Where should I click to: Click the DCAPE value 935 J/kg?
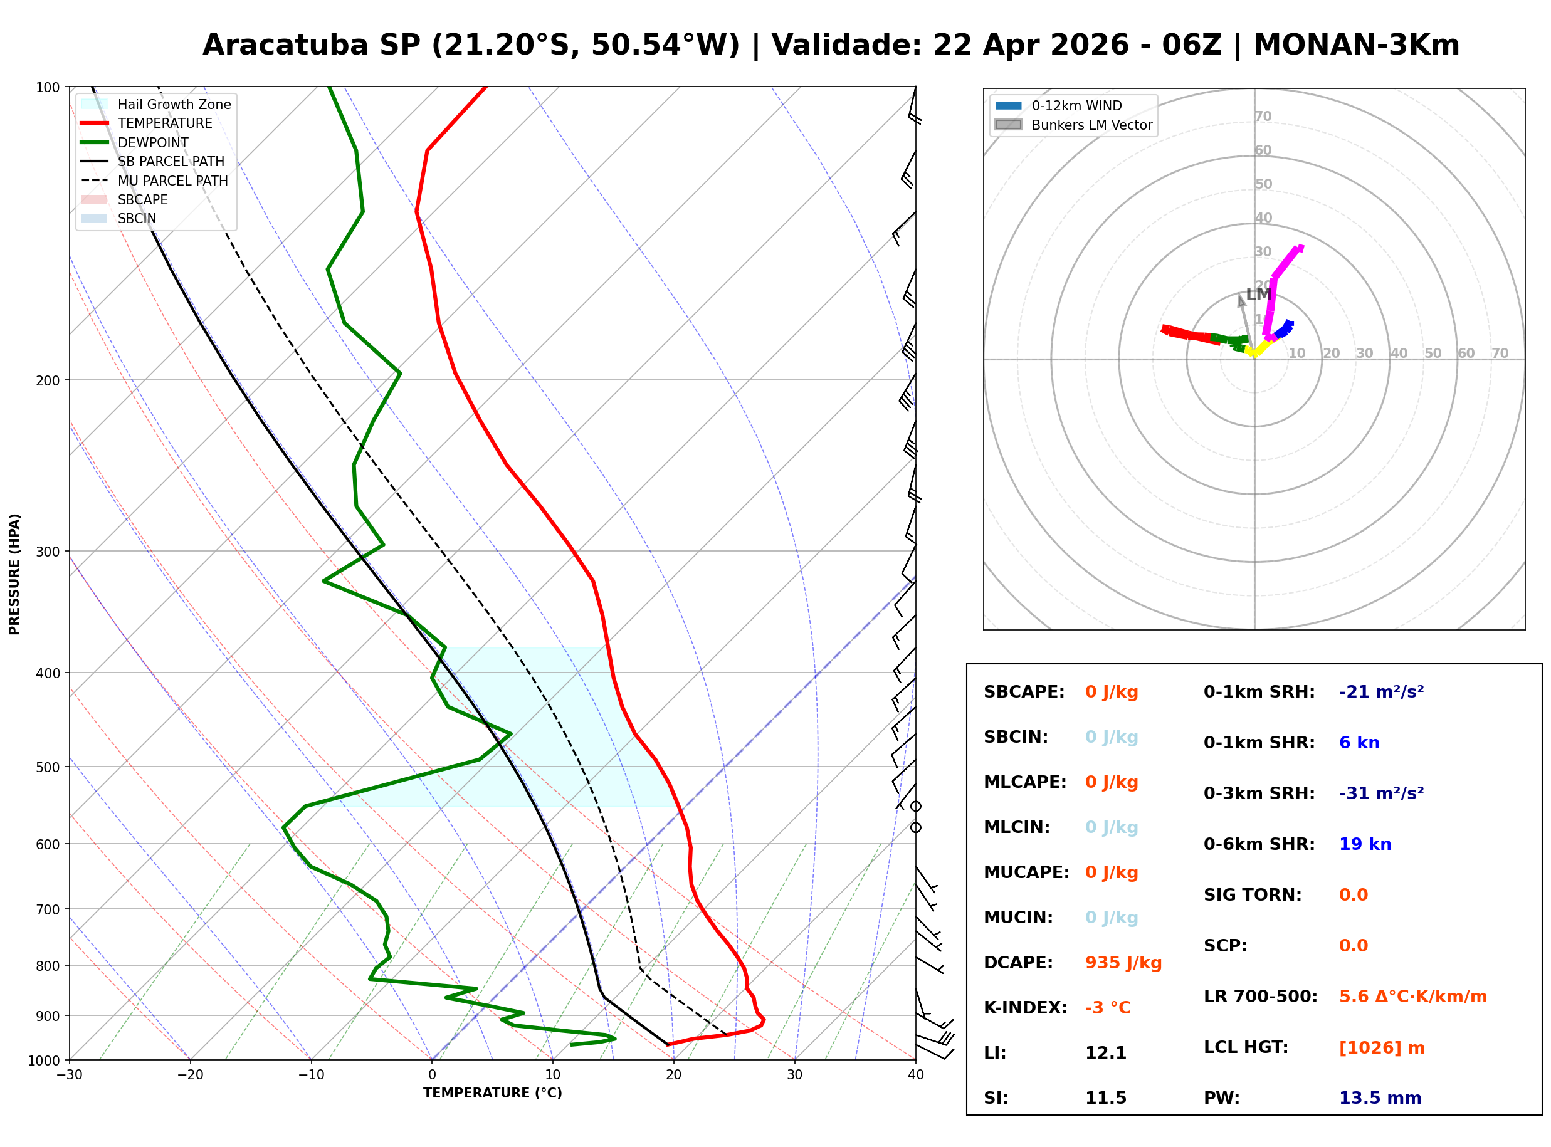(x=1123, y=963)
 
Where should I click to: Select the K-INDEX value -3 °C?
(x=1107, y=1008)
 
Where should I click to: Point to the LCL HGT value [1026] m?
(x=1382, y=1048)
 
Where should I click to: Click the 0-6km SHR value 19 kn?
(x=1365, y=844)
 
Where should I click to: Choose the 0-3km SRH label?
(x=1259, y=793)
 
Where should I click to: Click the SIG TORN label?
(x=1253, y=895)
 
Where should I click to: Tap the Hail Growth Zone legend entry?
(x=174, y=104)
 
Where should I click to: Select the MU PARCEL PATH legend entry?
(x=172, y=181)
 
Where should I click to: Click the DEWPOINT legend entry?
(x=153, y=142)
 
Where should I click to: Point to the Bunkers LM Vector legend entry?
(x=1091, y=125)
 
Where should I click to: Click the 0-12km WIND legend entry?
(x=1076, y=105)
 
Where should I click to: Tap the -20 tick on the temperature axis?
(x=189, y=1075)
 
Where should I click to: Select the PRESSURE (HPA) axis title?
(x=14, y=574)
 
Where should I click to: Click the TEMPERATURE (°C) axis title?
(x=492, y=1094)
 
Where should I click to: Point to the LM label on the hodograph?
(x=1258, y=295)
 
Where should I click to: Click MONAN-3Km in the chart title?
(x=1356, y=45)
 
